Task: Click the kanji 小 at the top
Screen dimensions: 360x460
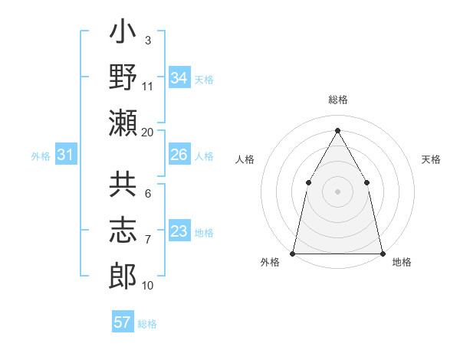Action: coord(123,35)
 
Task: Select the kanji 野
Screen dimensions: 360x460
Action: coord(123,79)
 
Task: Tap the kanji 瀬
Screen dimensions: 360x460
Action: coord(123,123)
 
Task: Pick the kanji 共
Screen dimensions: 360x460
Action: coord(123,186)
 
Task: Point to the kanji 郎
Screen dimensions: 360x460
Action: coord(123,275)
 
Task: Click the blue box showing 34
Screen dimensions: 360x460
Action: coord(179,78)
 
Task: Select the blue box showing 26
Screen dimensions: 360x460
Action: coord(179,155)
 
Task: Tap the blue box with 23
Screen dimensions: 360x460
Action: coord(179,232)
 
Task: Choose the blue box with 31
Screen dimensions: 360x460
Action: coord(66,155)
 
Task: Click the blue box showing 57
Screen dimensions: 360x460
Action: coord(123,322)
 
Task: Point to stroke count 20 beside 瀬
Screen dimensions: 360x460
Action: coord(148,133)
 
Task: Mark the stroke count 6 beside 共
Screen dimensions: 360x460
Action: coord(148,195)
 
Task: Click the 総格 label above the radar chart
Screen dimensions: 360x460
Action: coord(337,100)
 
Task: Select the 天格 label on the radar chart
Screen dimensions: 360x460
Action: coord(431,159)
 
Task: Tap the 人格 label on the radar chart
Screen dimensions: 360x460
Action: coord(245,159)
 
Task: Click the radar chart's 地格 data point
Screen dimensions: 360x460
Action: coord(382,253)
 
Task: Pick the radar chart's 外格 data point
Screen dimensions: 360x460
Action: coord(293,253)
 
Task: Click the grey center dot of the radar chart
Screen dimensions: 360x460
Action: coord(337,191)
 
